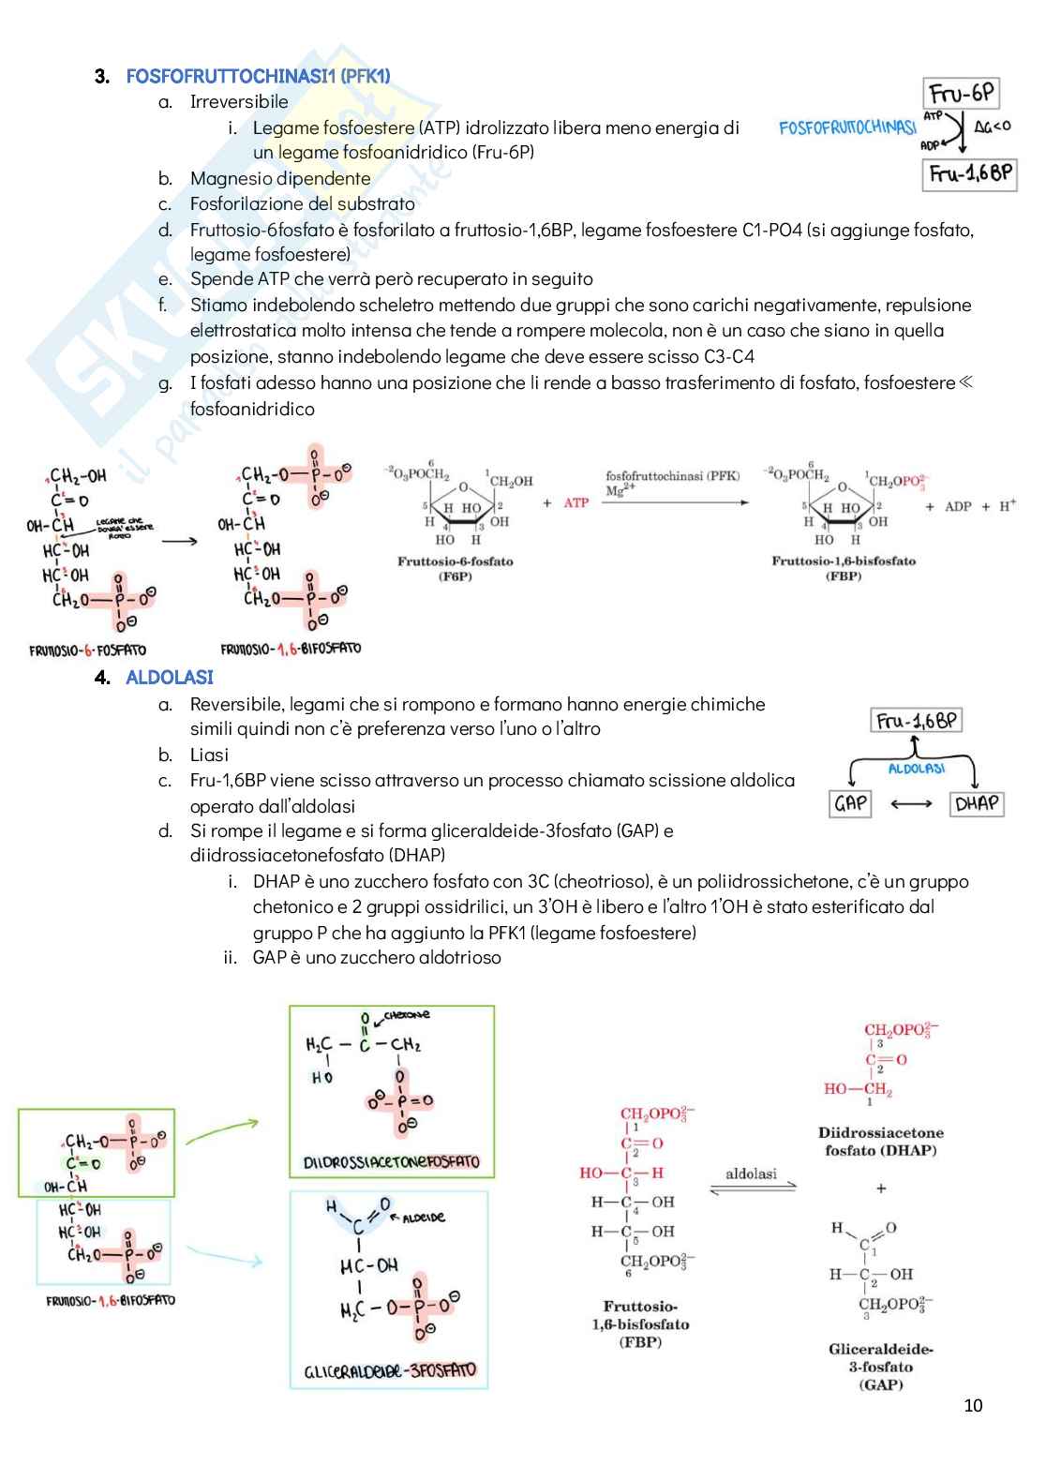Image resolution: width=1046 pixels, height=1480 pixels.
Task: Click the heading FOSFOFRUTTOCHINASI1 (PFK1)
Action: coord(258,76)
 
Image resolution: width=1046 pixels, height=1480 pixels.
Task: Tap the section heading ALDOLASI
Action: coord(170,677)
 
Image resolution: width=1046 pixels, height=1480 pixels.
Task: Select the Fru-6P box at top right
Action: coord(961,94)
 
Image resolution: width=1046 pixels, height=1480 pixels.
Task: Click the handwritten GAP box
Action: coord(850,803)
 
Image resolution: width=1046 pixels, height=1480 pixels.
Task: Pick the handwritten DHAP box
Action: coord(977,803)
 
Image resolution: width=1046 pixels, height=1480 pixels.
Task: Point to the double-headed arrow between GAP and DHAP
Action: coord(911,803)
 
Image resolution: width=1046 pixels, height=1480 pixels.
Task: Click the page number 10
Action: coord(973,1405)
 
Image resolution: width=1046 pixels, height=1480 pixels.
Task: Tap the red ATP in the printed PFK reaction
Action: coord(576,503)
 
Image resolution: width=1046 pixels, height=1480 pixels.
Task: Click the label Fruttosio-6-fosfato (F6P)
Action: coord(455,568)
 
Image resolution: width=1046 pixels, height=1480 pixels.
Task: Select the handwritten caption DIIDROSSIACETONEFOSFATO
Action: coord(392,1162)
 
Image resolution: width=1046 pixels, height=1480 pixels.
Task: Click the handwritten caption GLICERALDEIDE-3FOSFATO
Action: coord(390,1371)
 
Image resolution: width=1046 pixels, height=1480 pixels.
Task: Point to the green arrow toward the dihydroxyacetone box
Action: coord(222,1130)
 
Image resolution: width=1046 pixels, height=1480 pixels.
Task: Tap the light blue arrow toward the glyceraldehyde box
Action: coord(225,1254)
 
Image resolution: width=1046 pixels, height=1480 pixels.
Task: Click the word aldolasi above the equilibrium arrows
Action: coord(751,1174)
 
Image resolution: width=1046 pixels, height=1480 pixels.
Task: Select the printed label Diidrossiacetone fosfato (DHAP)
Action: coord(880,1141)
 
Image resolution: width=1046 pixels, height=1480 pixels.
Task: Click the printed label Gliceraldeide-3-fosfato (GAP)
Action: coord(880,1367)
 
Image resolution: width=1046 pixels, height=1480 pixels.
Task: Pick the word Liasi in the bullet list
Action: coord(209,755)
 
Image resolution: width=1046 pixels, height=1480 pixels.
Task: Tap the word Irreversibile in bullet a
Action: coord(239,101)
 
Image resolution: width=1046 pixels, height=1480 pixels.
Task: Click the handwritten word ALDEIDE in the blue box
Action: coord(424,1218)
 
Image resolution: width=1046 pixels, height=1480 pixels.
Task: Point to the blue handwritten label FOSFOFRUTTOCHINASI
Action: coord(847,127)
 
